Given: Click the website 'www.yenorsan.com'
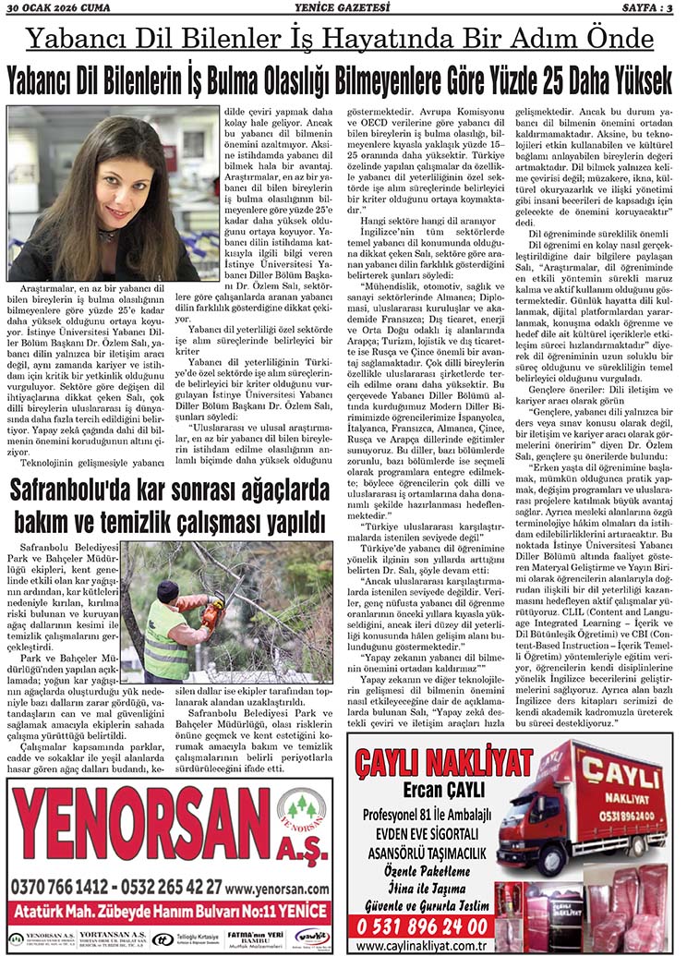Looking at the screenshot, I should pos(277,888).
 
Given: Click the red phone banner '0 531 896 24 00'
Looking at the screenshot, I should pos(420,925).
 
